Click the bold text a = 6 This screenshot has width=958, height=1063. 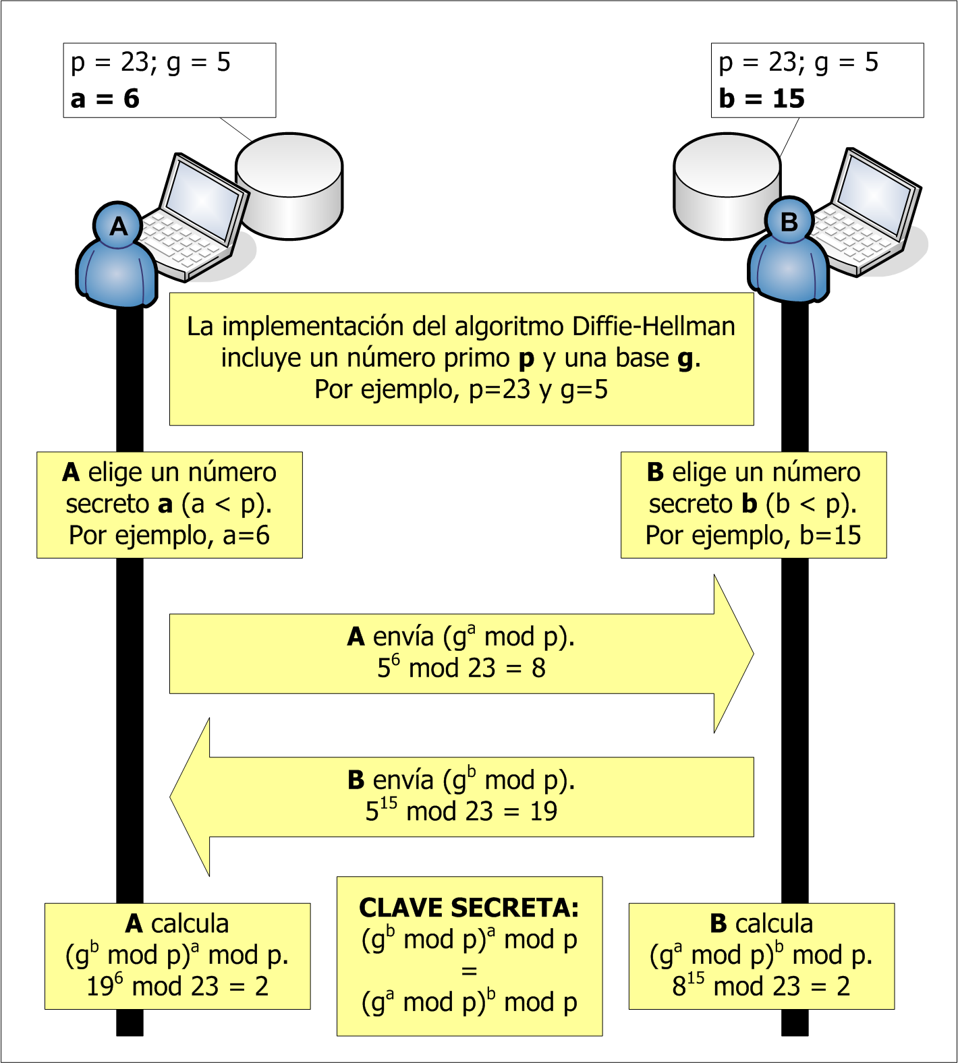(105, 99)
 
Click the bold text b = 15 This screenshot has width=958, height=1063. (761, 99)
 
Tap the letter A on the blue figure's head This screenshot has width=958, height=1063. (119, 226)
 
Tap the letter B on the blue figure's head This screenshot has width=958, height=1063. (789, 221)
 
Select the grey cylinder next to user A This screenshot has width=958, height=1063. (289, 186)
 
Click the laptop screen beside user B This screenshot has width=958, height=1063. (874, 190)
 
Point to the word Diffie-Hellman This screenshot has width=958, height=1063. (653, 326)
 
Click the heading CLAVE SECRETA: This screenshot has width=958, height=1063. (469, 908)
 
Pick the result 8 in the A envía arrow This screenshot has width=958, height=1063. (538, 668)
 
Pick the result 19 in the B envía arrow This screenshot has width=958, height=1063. (543, 811)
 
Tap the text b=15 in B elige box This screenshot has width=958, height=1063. (830, 536)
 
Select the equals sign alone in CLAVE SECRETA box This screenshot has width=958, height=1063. (469, 971)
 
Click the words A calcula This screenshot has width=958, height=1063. (177, 923)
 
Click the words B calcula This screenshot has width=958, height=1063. (761, 923)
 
